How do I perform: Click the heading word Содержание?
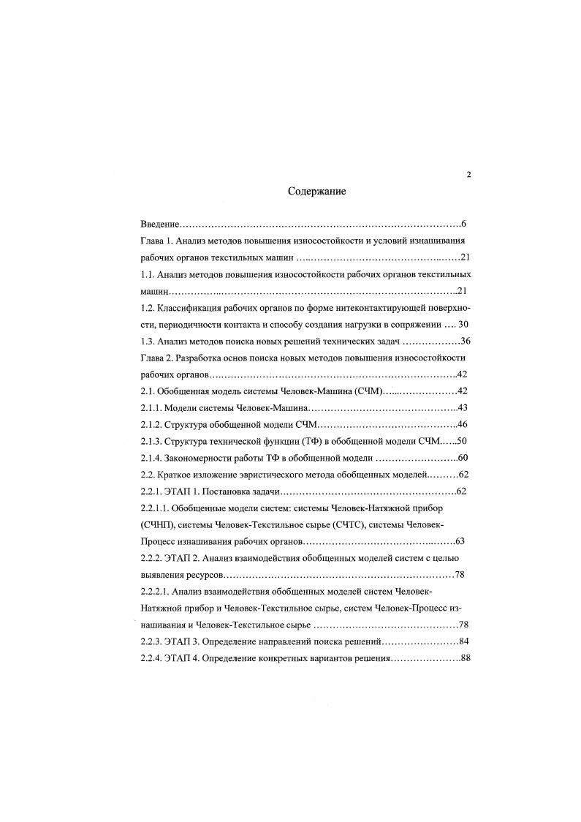coord(316,192)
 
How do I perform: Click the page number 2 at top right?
coord(468,174)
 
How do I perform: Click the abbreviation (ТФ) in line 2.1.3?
coord(319,442)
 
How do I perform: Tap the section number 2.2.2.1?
coord(155,592)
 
